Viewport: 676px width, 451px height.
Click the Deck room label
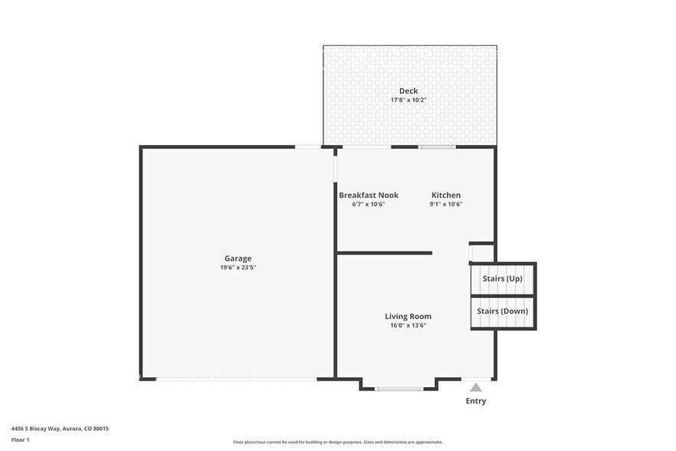409,91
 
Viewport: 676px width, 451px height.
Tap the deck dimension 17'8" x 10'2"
409,100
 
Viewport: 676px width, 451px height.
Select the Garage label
238,258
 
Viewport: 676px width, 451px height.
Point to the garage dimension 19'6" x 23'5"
238,268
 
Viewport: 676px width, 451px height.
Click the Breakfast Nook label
369,195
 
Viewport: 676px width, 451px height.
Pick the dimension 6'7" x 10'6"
369,204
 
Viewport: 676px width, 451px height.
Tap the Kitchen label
446,195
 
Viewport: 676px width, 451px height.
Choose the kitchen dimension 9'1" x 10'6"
446,204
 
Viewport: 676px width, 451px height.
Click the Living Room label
408,316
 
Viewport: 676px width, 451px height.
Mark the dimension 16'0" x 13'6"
408,325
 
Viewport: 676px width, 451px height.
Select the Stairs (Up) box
502,278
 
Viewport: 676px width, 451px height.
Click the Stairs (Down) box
502,311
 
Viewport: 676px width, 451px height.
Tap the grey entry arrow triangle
476,387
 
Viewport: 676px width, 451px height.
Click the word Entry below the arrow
476,401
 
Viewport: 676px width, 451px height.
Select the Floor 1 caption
20,439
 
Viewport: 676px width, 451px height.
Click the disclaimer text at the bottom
338,442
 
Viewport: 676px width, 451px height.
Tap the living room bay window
399,389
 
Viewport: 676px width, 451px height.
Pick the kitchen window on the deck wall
436,146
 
